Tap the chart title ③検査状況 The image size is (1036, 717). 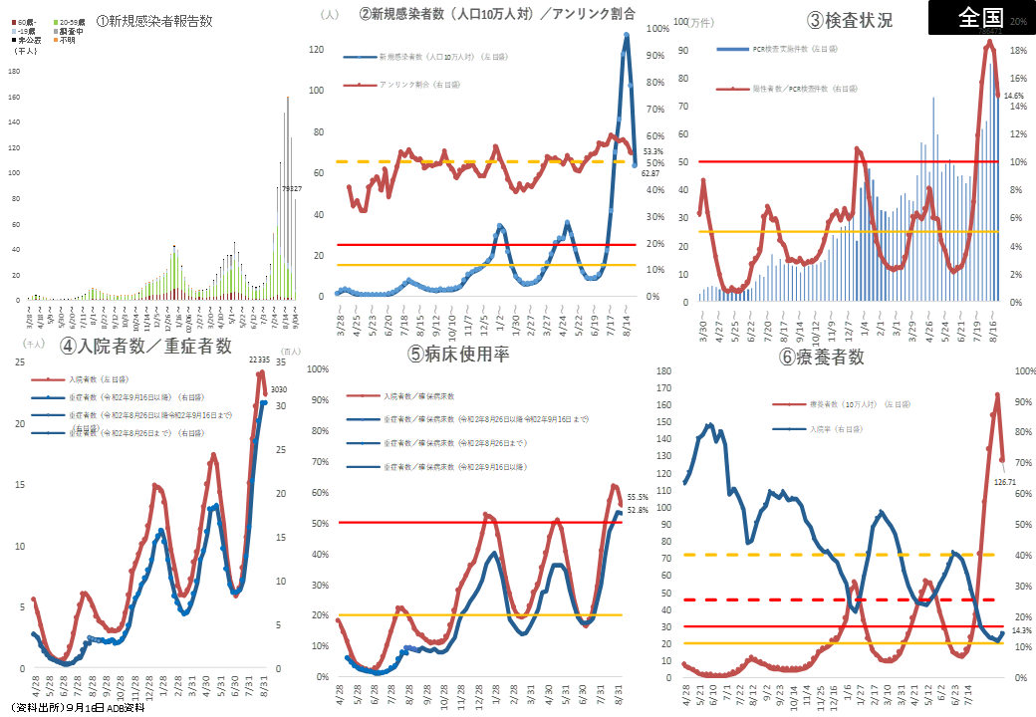click(850, 21)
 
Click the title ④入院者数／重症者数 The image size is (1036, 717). click(145, 346)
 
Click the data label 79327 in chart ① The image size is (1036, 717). click(291, 187)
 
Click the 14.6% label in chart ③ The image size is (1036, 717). click(1013, 96)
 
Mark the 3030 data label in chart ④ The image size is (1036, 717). click(279, 389)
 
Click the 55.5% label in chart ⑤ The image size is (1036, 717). click(638, 496)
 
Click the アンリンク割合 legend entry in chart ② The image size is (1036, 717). click(405, 86)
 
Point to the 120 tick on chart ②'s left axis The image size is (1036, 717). click(317, 49)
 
